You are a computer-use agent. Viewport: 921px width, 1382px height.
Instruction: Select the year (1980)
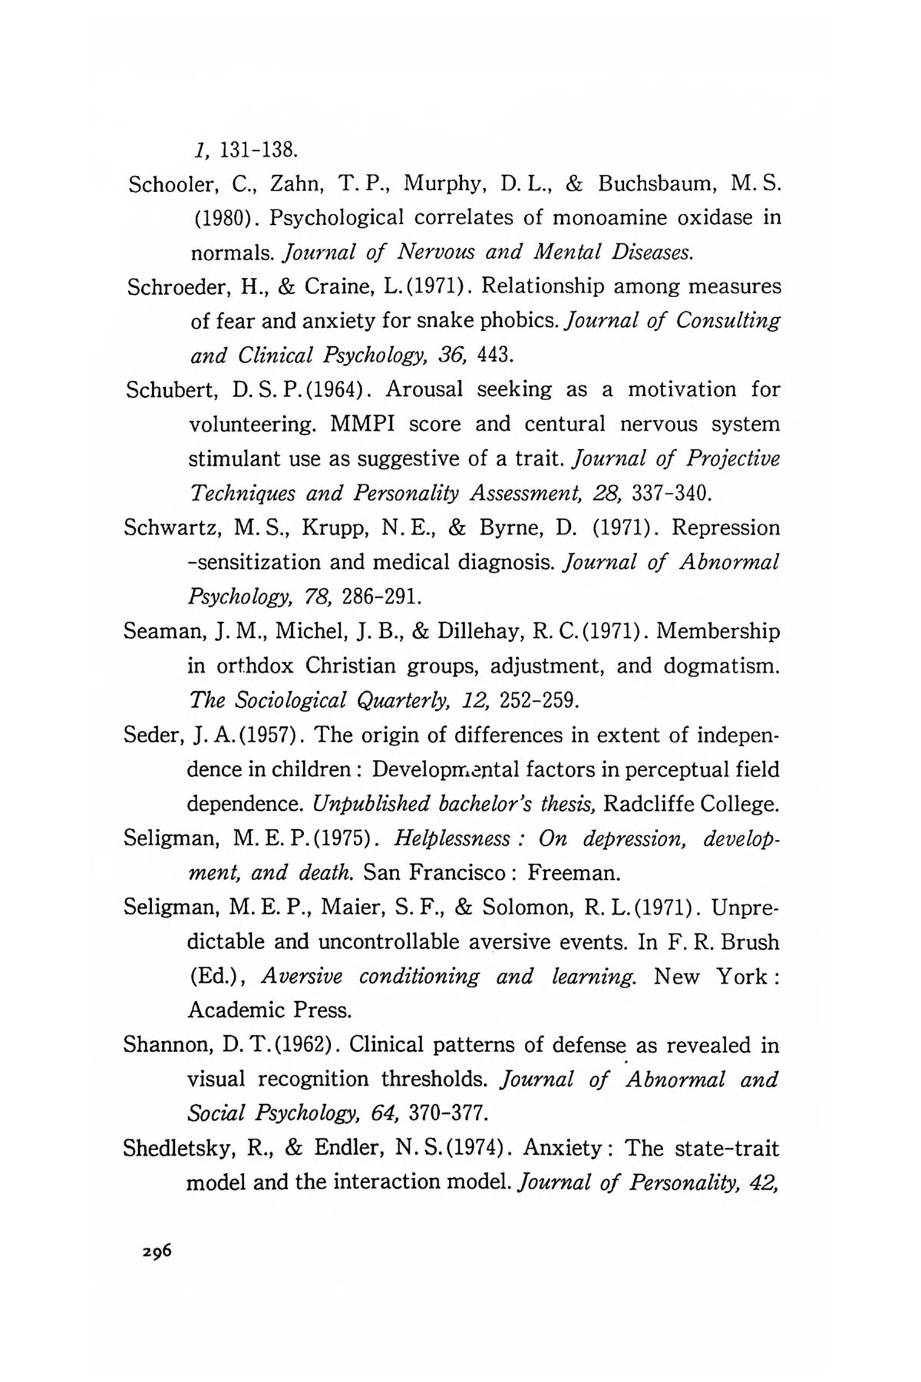[221, 219]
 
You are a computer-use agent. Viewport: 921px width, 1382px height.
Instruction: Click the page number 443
[496, 356]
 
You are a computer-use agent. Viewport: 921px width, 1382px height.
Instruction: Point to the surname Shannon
[168, 1046]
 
